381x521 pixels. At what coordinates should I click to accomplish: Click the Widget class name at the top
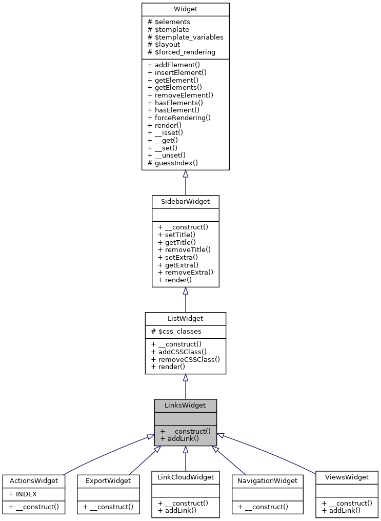[x=185, y=10]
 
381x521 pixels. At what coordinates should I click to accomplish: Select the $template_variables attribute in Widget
[x=185, y=37]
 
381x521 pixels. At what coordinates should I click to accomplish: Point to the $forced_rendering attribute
[x=181, y=52]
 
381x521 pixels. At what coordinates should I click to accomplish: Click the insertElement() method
[x=176, y=73]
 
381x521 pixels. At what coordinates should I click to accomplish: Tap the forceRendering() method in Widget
[x=179, y=118]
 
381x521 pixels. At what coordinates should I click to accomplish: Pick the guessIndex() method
[x=173, y=163]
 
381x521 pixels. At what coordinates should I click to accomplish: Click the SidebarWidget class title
[x=185, y=202]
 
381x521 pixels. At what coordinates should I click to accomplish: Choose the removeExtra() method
[x=185, y=272]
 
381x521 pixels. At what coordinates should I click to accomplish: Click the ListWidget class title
[x=185, y=319]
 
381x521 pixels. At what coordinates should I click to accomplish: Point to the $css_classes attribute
[x=176, y=332]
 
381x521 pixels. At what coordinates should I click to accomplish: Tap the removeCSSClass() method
[x=185, y=359]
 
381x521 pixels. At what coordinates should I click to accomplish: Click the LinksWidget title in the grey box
[x=185, y=406]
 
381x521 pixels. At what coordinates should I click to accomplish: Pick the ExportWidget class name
[x=108, y=481]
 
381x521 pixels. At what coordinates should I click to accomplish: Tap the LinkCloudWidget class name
[x=185, y=477]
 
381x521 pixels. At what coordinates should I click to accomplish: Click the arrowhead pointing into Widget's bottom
[x=186, y=174]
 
